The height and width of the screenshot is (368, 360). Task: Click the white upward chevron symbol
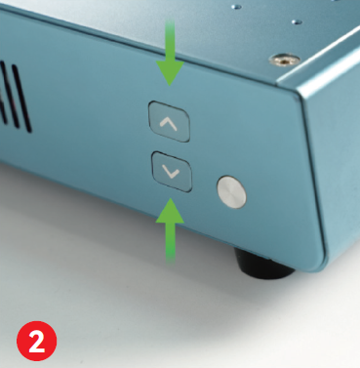tap(169, 124)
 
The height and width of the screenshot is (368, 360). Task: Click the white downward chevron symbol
tap(171, 173)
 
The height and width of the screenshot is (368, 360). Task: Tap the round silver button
tap(231, 192)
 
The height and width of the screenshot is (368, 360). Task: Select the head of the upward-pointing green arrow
tap(170, 211)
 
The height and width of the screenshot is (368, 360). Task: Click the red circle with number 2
tap(37, 341)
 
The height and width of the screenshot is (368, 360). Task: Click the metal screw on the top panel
tap(284, 60)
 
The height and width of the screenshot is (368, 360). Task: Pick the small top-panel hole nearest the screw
tap(296, 22)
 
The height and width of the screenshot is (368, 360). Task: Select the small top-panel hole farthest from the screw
tap(237, 7)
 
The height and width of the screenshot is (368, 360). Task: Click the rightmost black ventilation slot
tap(22, 99)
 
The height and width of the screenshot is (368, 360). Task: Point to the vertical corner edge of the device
tap(313, 179)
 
